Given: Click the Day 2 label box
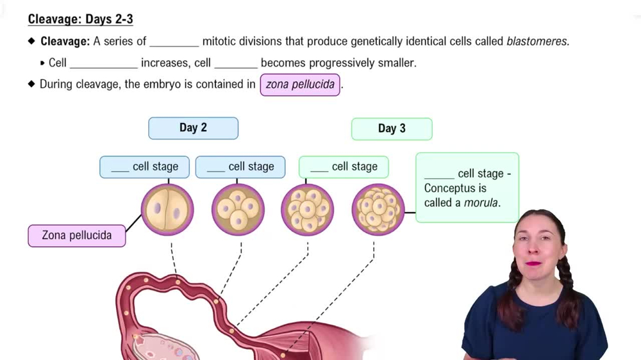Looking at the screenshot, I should tap(193, 128).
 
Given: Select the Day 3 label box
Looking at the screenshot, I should tap(392, 129).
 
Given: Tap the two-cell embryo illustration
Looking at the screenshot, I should tap(167, 210).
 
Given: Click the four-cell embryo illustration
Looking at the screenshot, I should tap(238, 210).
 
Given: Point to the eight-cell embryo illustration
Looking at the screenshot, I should tap(307, 210).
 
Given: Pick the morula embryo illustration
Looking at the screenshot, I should tap(378, 210).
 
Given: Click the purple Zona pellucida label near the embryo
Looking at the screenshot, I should tap(77, 236).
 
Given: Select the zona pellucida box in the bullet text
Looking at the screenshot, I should tap(300, 85).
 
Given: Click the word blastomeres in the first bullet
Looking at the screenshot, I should tap(537, 42).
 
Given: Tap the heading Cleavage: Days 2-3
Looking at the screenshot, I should tap(80, 19).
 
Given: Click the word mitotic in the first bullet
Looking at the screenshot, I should tap(221, 42).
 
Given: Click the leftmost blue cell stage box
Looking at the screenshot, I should tap(144, 167).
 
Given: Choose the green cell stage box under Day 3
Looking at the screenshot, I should tap(344, 167).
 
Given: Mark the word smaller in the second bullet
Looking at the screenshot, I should tap(394, 63).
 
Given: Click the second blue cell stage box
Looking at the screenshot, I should tap(240, 167).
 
